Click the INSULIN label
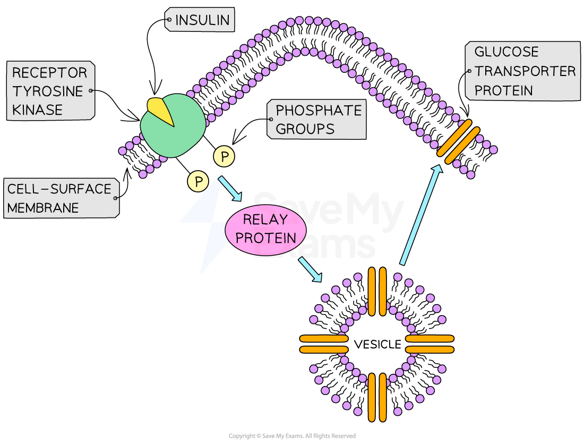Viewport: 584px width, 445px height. click(x=202, y=20)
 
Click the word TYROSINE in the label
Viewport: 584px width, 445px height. click(x=48, y=91)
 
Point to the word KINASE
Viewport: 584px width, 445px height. click(x=37, y=110)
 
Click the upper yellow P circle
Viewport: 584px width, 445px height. click(x=225, y=157)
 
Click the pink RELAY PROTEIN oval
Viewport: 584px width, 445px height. click(x=265, y=229)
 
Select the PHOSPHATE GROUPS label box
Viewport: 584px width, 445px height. click(x=317, y=120)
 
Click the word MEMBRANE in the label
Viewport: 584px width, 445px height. click(x=42, y=207)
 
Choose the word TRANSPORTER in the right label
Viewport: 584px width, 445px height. click(x=525, y=71)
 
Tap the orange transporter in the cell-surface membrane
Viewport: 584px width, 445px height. click(x=458, y=141)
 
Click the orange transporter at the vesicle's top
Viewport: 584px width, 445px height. click(x=377, y=291)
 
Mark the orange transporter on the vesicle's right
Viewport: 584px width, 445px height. click(x=430, y=344)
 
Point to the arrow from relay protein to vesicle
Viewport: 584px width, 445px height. click(x=311, y=270)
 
